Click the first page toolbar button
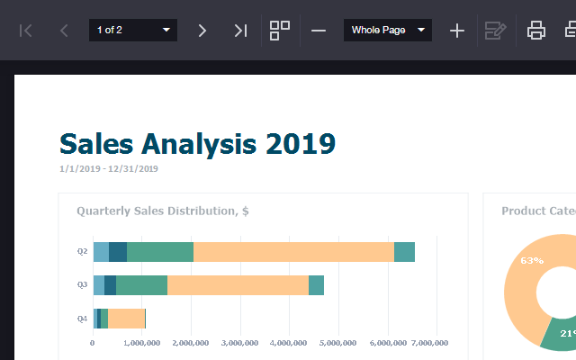pos(26,31)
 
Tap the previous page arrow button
pos(64,31)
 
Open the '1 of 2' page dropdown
pos(133,30)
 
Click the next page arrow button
pos(202,31)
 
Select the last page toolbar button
pos(240,31)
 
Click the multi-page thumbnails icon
pos(280,31)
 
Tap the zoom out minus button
pos(319,31)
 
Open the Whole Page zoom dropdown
pos(388,30)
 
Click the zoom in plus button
pos(457,31)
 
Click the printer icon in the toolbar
pos(536,30)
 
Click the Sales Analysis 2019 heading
pos(198,144)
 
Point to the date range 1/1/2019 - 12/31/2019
pos(109,168)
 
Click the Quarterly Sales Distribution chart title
pos(163,211)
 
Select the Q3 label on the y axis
pos(82,284)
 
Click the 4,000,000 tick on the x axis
pos(288,343)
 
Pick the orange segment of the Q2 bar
pos(294,252)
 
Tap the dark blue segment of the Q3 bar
pos(110,285)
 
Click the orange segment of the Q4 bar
pos(126,319)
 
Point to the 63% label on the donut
pos(532,260)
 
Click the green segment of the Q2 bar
pos(160,252)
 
